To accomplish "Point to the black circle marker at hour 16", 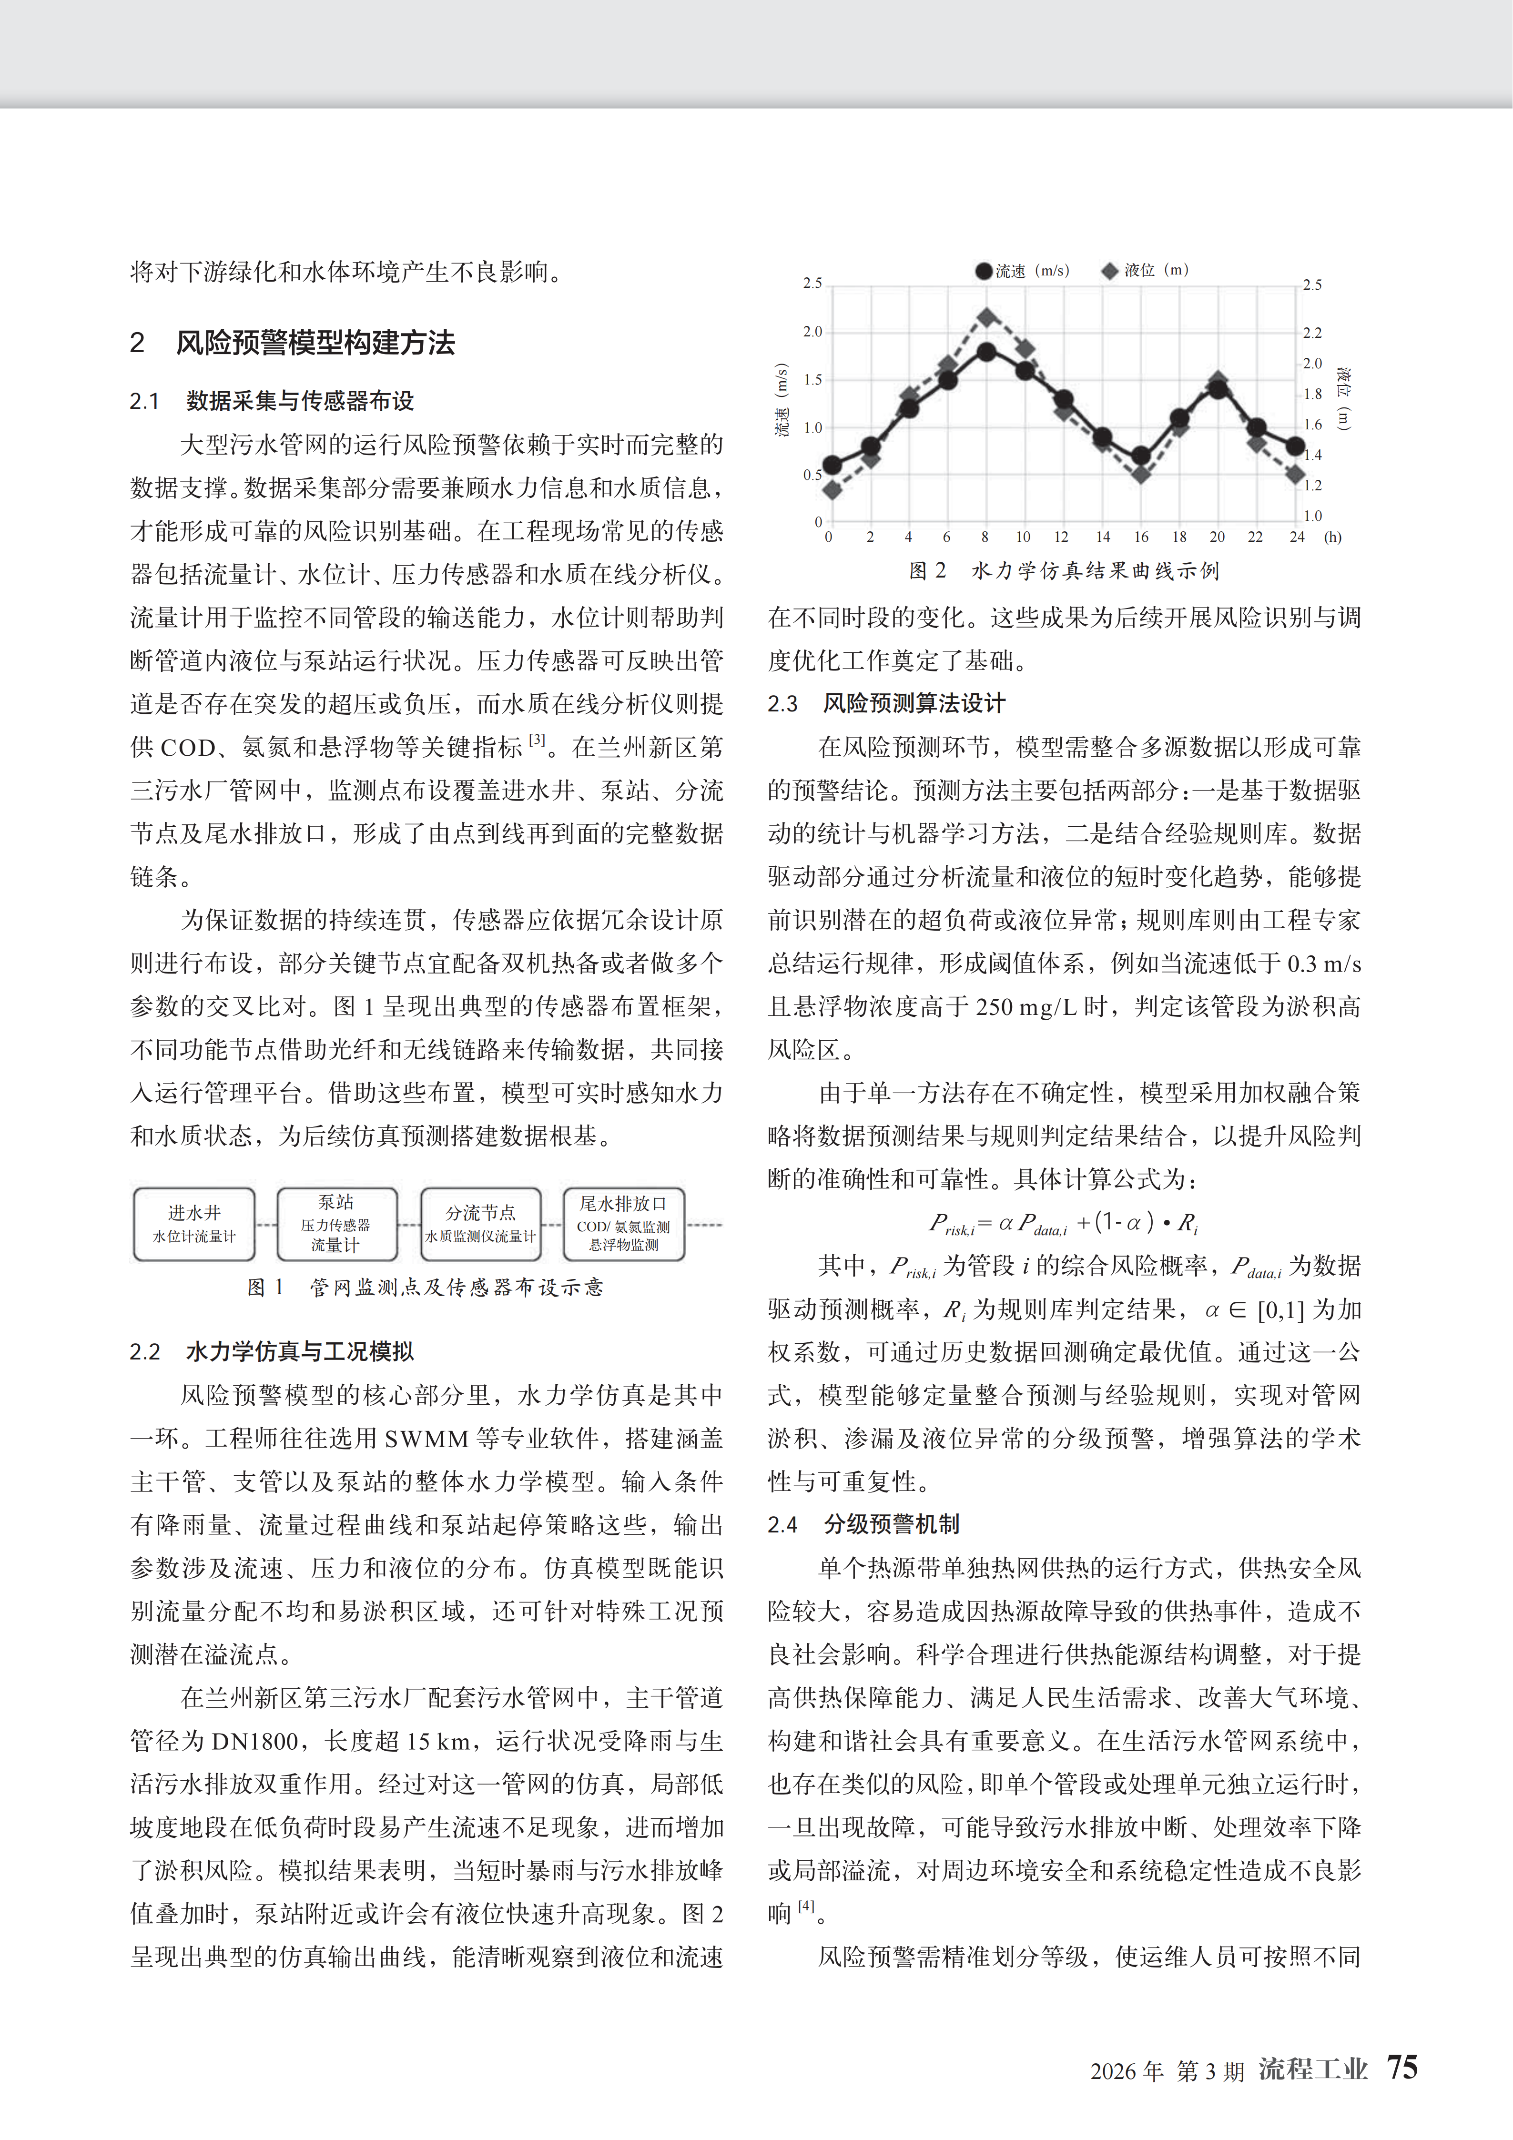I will point(1141,456).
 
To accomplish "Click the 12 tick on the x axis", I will point(1061,537).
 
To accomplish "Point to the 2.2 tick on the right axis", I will point(1311,333).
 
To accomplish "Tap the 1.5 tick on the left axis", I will point(813,379).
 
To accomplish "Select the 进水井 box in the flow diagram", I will point(194,1224).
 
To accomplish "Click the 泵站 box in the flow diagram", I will point(336,1224).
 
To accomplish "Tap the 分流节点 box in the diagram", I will point(480,1224).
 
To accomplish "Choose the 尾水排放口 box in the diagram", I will point(623,1224).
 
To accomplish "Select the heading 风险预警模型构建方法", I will point(315,343).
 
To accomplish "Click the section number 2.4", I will point(782,1525).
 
